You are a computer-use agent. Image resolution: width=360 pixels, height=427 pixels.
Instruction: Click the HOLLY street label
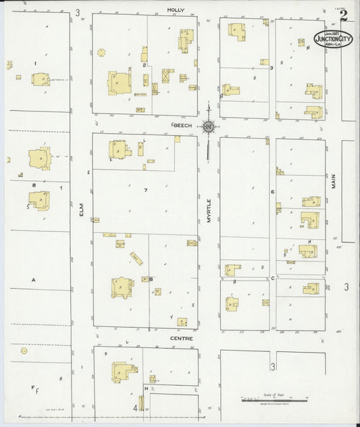tap(176, 10)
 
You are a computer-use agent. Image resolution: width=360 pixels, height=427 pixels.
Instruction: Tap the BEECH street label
tap(182, 126)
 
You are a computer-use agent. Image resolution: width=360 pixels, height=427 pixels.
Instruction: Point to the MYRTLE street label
tap(209, 210)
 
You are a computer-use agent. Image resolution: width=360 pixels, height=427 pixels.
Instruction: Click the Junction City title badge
tap(332, 39)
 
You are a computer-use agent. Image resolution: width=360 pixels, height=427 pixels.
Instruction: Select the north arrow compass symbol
tap(209, 126)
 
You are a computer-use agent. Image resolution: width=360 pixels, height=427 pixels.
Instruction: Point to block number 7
tap(145, 191)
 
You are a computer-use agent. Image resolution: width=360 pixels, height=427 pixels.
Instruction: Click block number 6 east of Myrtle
tap(272, 192)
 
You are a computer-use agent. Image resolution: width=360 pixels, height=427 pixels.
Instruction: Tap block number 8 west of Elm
tap(33, 184)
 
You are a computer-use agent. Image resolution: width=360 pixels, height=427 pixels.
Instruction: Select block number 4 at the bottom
tap(135, 408)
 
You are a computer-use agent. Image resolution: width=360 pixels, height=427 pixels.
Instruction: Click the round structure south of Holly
tap(101, 52)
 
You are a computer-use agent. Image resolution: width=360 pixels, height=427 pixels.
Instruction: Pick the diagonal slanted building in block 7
tap(137, 259)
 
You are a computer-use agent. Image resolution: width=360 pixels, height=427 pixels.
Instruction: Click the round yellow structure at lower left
tap(24, 351)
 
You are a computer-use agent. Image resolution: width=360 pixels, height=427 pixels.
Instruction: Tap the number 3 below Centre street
tap(273, 367)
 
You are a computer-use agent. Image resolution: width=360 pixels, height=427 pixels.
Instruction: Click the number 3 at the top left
tap(78, 12)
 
